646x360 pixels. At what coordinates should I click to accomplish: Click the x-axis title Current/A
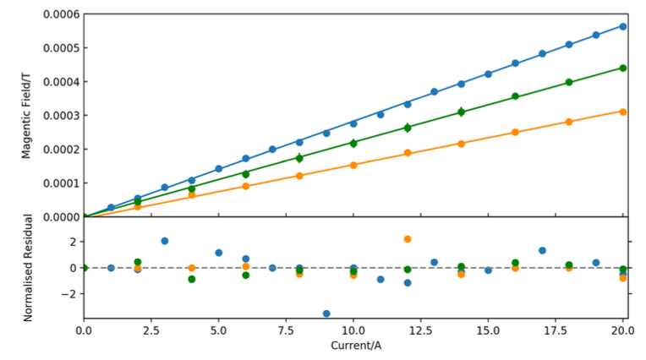[353, 346]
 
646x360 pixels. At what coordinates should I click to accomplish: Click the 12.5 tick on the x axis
[420, 330]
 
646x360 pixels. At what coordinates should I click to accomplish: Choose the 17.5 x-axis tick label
[556, 330]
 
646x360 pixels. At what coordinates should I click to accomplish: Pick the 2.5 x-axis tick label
[151, 330]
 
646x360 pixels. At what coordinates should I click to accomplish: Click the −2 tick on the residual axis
[68, 294]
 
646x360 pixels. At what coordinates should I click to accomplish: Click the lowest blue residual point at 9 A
[326, 314]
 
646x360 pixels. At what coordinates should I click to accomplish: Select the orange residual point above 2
[408, 239]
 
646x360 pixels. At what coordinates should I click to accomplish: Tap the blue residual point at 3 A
[165, 241]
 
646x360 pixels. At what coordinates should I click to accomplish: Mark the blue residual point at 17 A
[542, 250]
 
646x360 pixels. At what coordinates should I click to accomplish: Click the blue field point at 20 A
[623, 26]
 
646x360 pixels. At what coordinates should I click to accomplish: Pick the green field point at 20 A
[623, 68]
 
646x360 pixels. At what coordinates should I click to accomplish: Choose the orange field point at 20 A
[623, 112]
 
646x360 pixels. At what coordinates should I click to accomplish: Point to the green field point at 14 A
[461, 112]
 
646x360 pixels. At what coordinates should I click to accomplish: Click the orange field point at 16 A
[515, 132]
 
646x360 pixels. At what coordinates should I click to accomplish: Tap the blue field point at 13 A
[434, 91]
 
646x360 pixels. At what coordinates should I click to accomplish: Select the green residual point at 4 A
[192, 279]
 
